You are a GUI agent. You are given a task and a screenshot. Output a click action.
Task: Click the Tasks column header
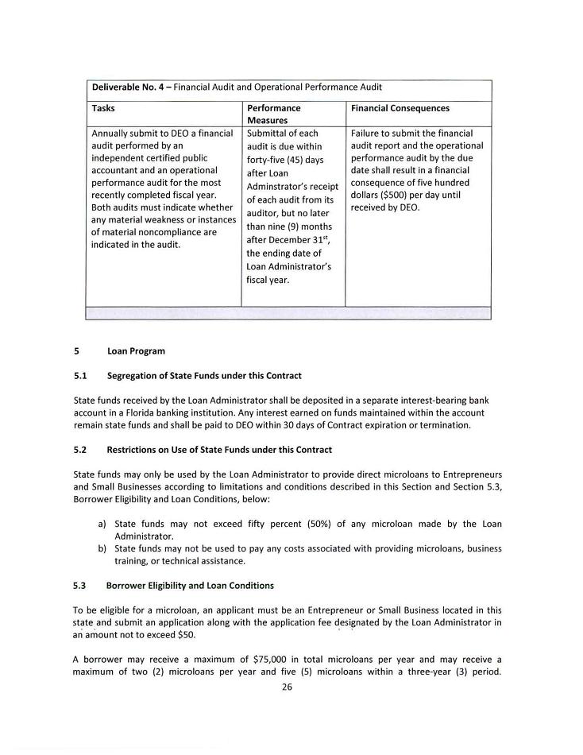103,108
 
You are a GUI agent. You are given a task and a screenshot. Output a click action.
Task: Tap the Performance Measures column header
273,114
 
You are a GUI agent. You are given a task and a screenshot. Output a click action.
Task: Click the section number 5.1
79,376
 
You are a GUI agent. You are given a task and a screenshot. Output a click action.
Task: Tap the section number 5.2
79,450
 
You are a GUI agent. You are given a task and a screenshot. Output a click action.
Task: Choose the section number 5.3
79,586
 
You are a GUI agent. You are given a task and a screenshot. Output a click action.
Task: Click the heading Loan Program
136,351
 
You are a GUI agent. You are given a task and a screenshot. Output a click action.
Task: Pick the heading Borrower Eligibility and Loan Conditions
190,586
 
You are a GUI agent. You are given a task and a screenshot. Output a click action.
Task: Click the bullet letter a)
102,525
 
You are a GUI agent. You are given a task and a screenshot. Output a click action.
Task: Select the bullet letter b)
102,548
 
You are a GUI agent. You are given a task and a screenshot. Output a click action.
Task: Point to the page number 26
287,688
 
